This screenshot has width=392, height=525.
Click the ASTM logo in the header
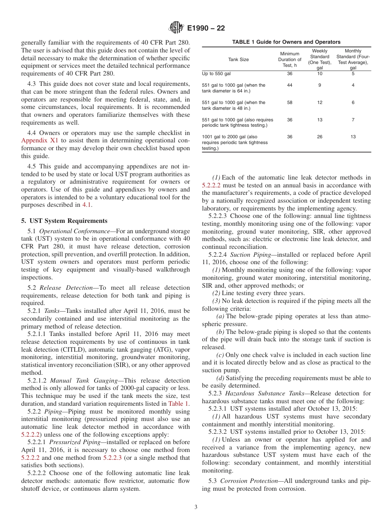(x=176, y=28)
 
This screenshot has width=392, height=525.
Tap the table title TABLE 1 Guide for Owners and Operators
(x=286, y=42)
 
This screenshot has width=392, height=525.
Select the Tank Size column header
(x=239, y=59)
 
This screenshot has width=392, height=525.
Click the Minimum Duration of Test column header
(x=290, y=59)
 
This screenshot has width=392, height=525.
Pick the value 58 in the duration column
(x=290, y=102)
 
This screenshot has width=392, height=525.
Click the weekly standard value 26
(x=320, y=137)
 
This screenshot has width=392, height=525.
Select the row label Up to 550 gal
(x=217, y=73)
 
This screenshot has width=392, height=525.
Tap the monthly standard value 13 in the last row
(x=353, y=137)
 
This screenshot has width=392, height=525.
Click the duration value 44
(x=290, y=85)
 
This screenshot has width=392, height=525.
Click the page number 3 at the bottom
(x=196, y=507)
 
